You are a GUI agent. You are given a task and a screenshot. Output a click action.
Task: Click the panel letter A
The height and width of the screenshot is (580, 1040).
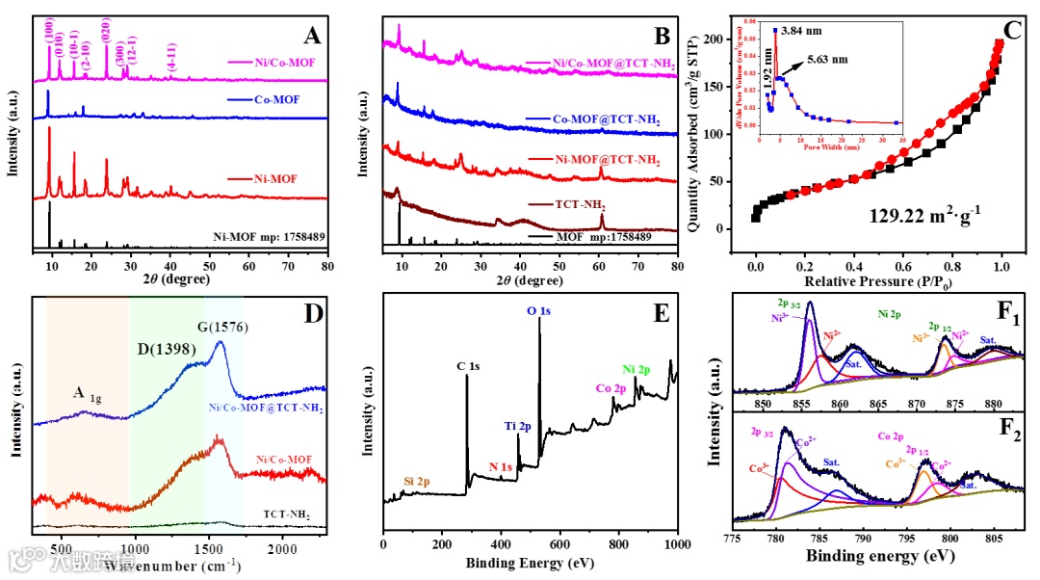(x=311, y=37)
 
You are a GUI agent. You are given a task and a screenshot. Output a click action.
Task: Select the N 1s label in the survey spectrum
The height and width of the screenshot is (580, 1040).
(x=499, y=467)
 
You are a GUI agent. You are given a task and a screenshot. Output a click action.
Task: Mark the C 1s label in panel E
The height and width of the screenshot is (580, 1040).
(x=469, y=366)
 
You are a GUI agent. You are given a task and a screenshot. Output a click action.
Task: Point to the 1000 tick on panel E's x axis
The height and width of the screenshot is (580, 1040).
(x=677, y=544)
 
